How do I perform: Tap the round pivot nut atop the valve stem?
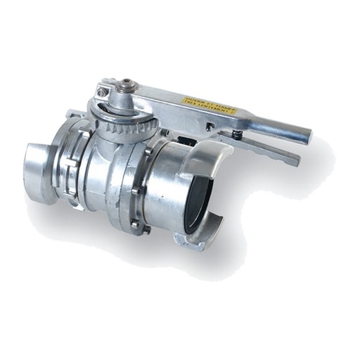tap(125, 86)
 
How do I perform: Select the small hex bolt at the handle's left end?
tap(103, 92)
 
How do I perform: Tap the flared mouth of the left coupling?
tap(35, 165)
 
